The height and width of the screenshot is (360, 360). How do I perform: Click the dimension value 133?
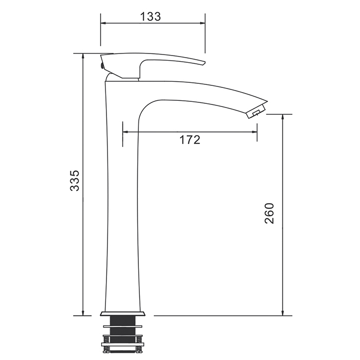[x=151, y=16]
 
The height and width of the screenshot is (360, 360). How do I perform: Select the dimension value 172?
[x=190, y=139]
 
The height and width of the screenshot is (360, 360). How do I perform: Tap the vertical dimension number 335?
[x=75, y=181]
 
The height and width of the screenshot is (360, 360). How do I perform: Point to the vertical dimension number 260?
[x=269, y=213]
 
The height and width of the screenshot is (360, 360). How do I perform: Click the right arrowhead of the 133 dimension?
[x=202, y=23]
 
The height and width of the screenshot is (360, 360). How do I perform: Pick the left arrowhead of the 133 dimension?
[x=103, y=23]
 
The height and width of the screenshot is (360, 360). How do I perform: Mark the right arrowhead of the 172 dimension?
[x=255, y=132]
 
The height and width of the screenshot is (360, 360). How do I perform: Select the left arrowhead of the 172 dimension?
[x=125, y=132]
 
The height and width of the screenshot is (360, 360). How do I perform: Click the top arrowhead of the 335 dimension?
[x=83, y=57]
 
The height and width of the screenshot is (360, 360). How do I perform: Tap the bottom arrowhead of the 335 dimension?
[x=83, y=313]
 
